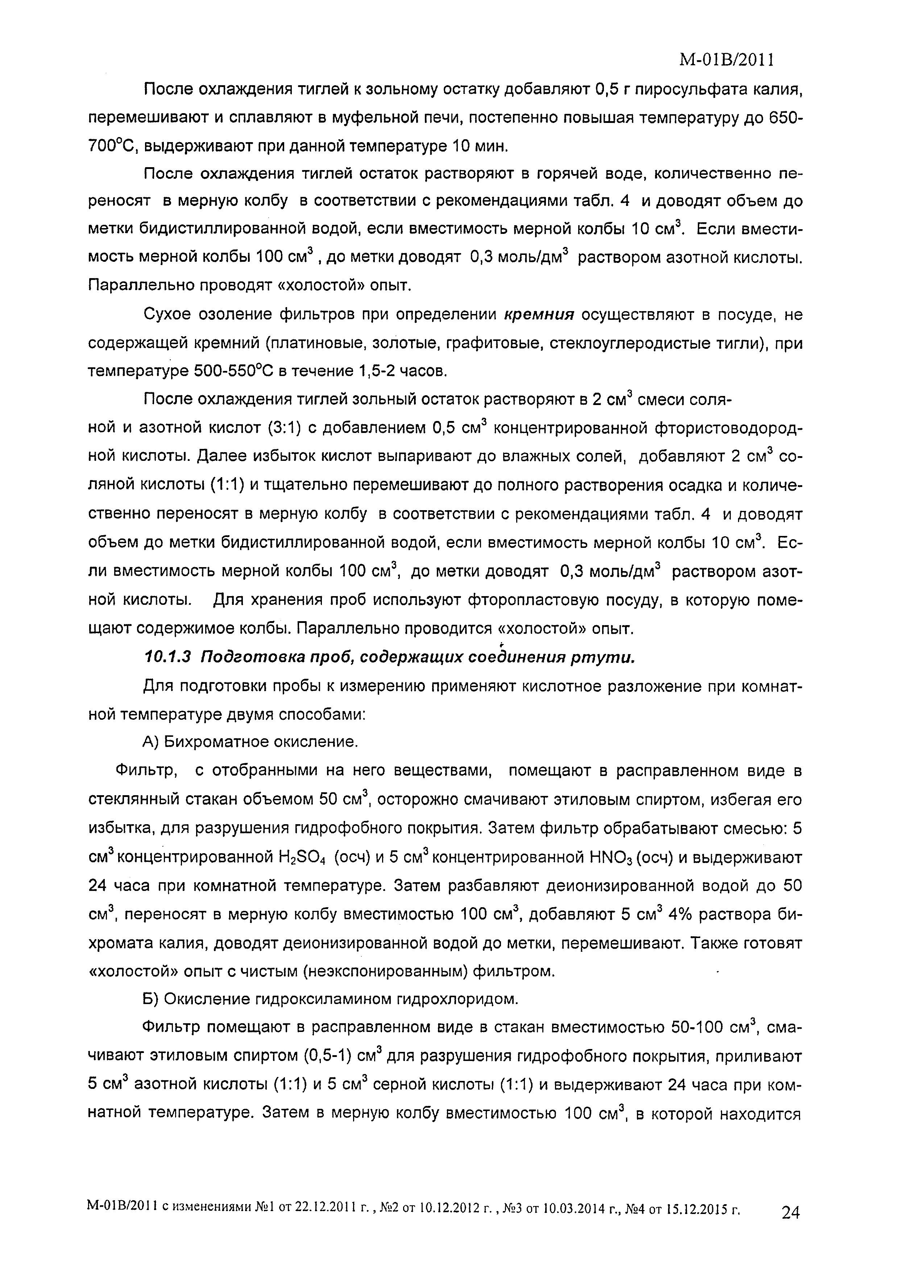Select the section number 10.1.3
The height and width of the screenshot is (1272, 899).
pyautogui.click(x=167, y=657)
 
